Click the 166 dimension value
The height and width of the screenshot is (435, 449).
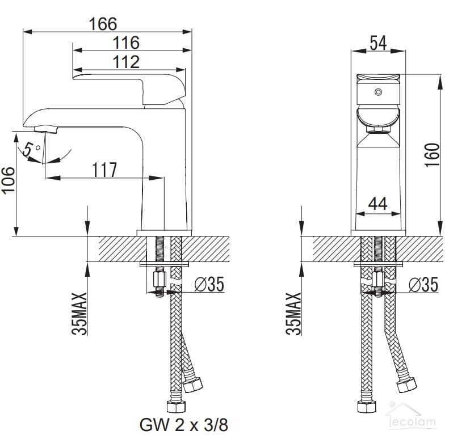tap(103, 24)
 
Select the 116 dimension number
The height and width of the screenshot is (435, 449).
tap(126, 43)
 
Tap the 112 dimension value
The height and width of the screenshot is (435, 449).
tap(126, 61)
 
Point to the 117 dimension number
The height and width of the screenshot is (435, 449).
tap(104, 170)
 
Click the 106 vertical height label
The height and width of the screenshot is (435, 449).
tap(9, 181)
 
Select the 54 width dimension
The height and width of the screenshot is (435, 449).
tap(378, 43)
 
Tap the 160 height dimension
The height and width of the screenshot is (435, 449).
tap(432, 155)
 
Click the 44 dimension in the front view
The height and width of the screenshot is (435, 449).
tap(377, 204)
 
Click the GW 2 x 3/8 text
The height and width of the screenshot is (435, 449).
tap(184, 425)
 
